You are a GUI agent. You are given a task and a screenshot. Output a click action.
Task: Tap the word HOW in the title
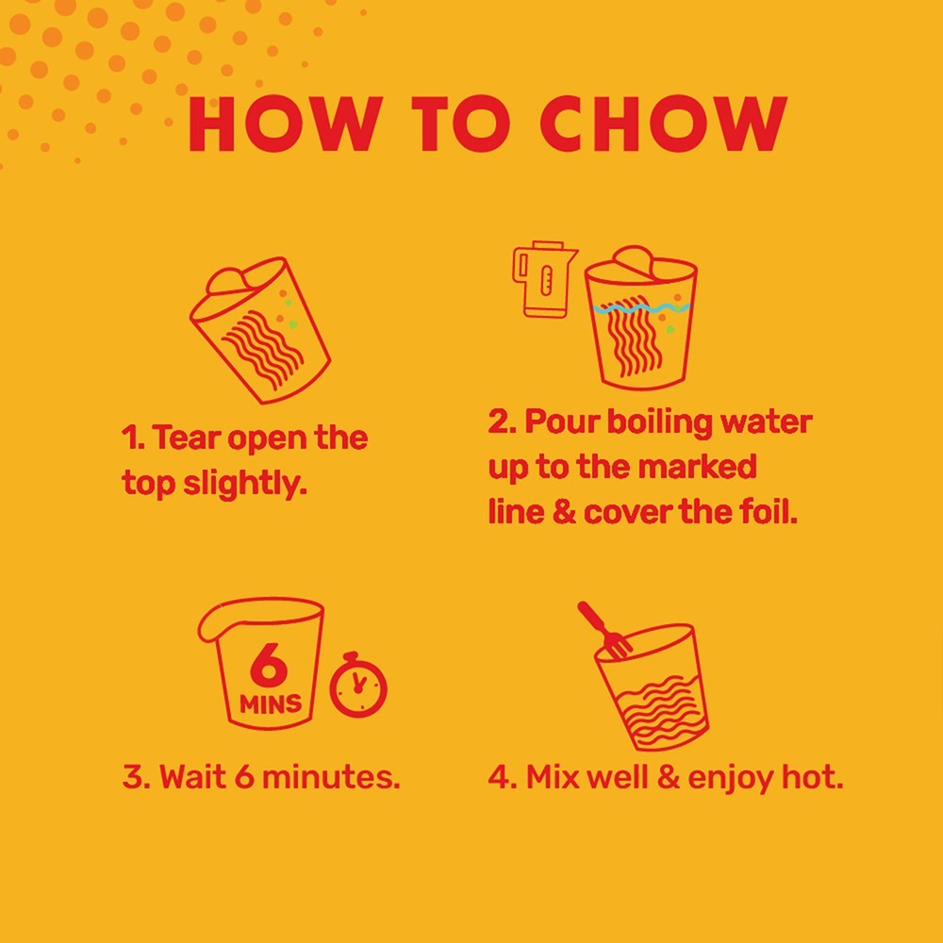(x=285, y=124)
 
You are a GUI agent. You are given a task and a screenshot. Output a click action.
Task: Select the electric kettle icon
(x=544, y=279)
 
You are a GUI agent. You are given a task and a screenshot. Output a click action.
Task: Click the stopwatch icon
(x=357, y=685)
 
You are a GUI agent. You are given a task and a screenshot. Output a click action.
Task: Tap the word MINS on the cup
(x=271, y=703)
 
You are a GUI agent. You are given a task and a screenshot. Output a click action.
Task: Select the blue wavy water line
(x=640, y=308)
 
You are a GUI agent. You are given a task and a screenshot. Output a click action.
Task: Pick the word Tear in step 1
(x=185, y=438)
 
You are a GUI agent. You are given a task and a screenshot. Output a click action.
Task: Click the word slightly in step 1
(x=245, y=484)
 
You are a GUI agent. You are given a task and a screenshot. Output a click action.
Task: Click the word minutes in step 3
(x=331, y=776)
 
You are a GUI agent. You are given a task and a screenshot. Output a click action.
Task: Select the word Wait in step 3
(x=193, y=776)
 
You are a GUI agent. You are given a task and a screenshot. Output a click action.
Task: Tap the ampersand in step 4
(x=668, y=777)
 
